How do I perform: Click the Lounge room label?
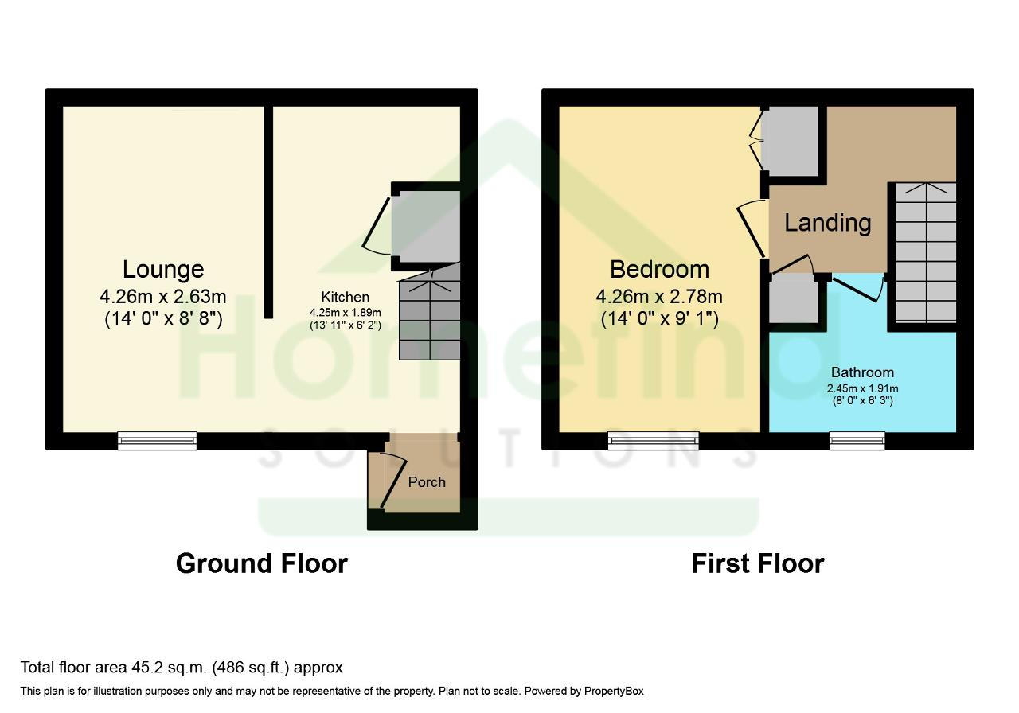[x=163, y=269]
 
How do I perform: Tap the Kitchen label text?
[x=345, y=297]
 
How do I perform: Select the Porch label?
[x=427, y=482]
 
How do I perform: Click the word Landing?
[x=827, y=224]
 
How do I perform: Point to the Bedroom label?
[x=660, y=269]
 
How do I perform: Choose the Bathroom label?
[x=862, y=372]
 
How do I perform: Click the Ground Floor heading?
[x=262, y=564]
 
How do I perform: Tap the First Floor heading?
[x=758, y=564]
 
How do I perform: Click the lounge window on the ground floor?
[x=158, y=441]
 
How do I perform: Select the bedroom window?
[x=654, y=441]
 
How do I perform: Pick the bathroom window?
[x=857, y=441]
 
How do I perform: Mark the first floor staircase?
[x=926, y=253]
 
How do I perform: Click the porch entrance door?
[x=392, y=481]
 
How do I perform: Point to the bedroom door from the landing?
[x=751, y=231]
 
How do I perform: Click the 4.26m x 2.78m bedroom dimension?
[x=660, y=297]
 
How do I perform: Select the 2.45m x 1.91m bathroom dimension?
[x=862, y=388]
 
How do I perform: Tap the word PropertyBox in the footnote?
[x=614, y=692]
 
